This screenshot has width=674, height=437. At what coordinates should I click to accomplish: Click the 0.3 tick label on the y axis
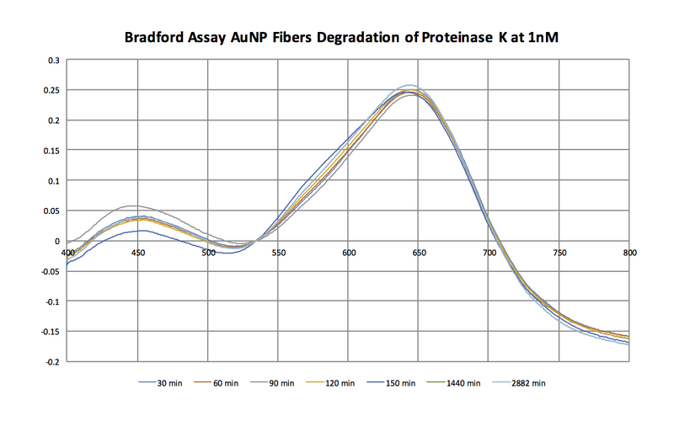53,61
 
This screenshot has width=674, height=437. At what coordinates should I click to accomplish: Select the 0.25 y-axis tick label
51,91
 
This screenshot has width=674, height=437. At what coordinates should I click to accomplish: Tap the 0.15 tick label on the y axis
51,151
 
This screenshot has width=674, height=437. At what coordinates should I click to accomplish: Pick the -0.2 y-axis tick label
51,361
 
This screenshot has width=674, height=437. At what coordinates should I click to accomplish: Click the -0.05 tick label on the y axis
49,271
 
